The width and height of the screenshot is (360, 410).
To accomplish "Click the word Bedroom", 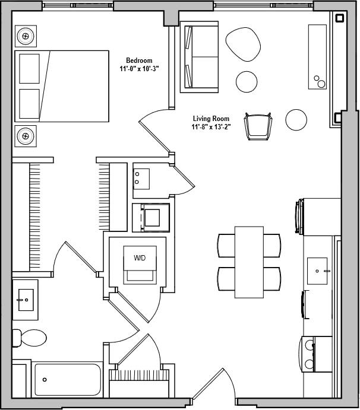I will pyautogui.click(x=139, y=61).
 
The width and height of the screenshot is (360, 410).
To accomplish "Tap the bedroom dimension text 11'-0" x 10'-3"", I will pyautogui.click(x=139, y=69).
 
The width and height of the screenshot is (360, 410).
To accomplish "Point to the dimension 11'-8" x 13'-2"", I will pyautogui.click(x=210, y=127).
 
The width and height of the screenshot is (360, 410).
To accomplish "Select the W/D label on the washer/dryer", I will pyautogui.click(x=140, y=258).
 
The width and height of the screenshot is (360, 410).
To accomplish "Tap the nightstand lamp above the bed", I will pyautogui.click(x=26, y=36).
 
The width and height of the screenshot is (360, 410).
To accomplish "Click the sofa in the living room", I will pyautogui.click(x=200, y=58).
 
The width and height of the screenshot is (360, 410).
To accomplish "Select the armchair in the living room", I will pyautogui.click(x=258, y=126).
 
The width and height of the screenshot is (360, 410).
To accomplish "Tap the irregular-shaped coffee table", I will pyautogui.click(x=243, y=44).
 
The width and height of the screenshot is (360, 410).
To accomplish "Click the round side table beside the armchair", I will pyautogui.click(x=296, y=119).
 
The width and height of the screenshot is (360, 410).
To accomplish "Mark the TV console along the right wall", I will pyautogui.click(x=317, y=56).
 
